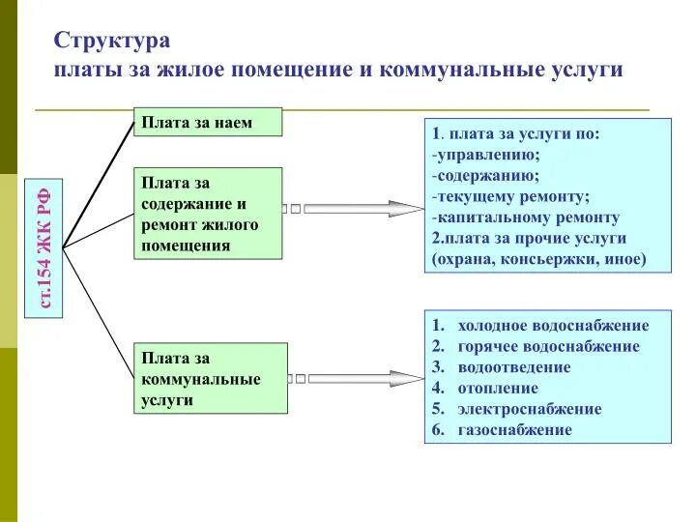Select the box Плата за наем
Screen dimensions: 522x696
pyautogui.click(x=207, y=123)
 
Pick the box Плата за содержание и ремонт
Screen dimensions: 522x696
pyautogui.click(x=207, y=214)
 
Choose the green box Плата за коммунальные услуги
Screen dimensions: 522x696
pyautogui.click(x=210, y=378)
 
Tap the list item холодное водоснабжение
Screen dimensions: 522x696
pyautogui.click(x=553, y=326)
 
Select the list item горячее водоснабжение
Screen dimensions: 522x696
pyautogui.click(x=548, y=346)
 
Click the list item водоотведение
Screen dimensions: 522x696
pyautogui.click(x=514, y=367)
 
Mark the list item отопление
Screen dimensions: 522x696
pyautogui.click(x=498, y=389)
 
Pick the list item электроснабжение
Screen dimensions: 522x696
pyautogui.click(x=529, y=409)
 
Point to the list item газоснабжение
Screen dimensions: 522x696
pyautogui.click(x=515, y=430)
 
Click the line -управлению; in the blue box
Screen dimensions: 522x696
pyautogui.click(x=486, y=155)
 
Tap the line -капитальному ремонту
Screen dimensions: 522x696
pyautogui.click(x=526, y=217)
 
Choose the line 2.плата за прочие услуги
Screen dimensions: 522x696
pyautogui.click(x=529, y=238)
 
